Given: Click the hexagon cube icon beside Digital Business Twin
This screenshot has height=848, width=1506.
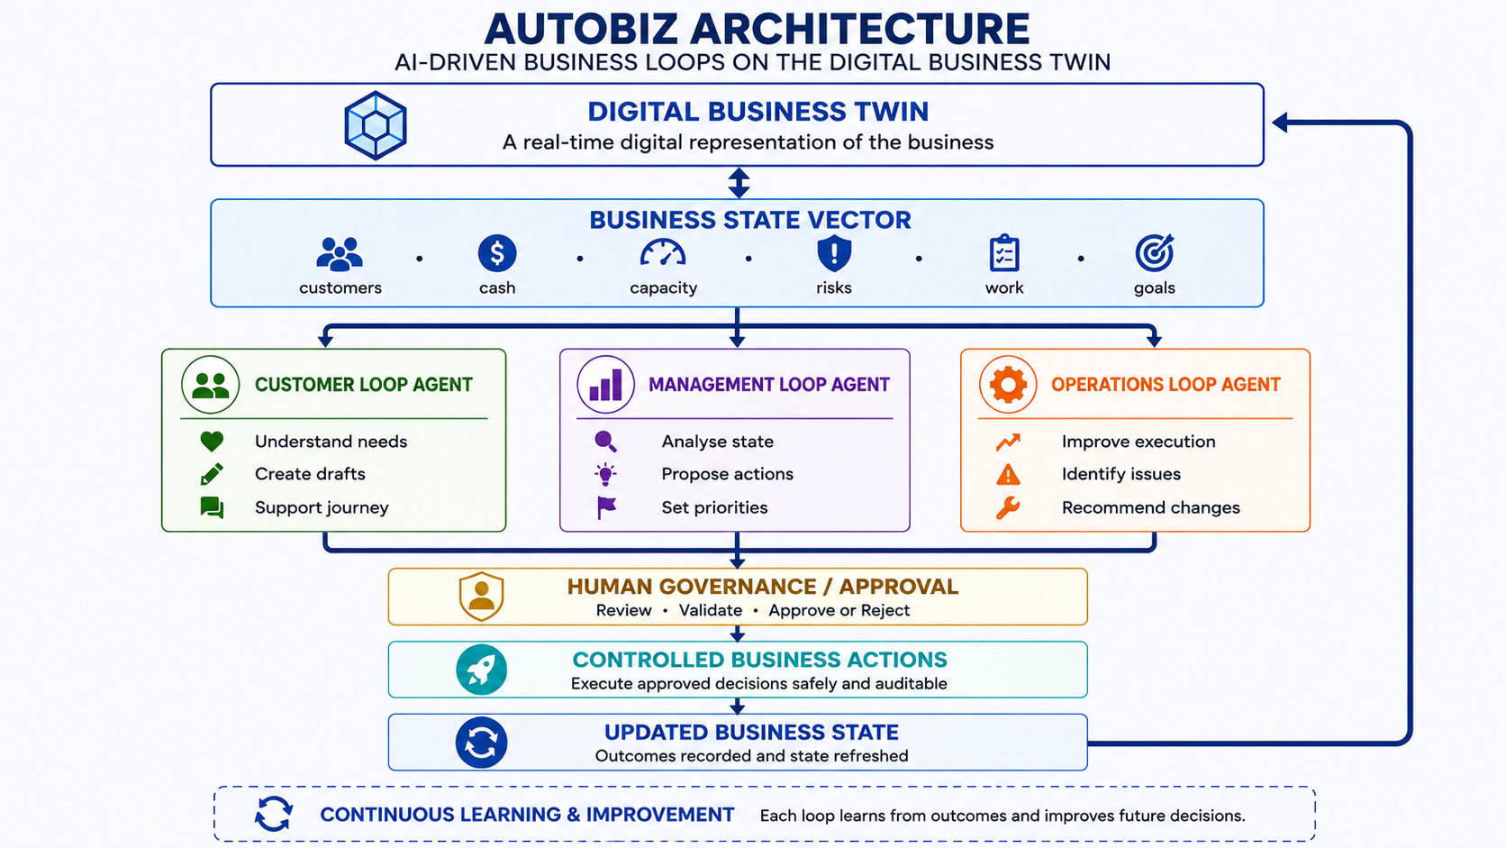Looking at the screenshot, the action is [376, 125].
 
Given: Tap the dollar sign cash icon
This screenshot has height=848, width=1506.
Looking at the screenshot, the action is [497, 253].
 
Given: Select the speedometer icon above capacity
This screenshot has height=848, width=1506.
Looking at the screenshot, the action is [663, 253].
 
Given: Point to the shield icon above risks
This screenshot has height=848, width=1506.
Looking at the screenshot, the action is [834, 253].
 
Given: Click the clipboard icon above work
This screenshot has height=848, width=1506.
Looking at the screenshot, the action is [1004, 253].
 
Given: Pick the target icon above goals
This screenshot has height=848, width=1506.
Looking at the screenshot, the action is [1155, 253].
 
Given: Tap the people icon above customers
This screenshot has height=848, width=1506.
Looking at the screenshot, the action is [340, 253].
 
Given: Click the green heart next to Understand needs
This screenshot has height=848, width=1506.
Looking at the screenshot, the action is [212, 442].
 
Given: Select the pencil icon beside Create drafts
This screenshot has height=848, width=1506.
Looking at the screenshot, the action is [212, 474].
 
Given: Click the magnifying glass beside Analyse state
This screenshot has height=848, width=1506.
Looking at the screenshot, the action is [606, 442].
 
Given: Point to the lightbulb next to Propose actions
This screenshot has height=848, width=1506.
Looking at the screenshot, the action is [606, 474].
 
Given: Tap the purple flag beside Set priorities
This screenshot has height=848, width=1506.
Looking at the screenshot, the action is [606, 507].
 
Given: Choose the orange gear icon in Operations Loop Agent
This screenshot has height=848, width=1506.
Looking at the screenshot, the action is [1008, 385].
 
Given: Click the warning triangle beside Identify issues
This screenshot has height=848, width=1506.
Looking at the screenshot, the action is [1008, 474].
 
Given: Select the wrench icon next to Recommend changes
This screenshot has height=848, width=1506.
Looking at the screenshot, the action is [1008, 507].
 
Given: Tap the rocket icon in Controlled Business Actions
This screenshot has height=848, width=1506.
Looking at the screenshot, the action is [481, 670].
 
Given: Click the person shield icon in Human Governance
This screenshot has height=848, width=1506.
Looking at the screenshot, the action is [481, 597].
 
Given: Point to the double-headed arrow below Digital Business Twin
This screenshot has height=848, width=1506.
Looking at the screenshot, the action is [739, 183].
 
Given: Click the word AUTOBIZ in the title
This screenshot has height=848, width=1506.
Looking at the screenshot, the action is [581, 29].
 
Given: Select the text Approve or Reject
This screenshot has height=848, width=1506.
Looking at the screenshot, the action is [839, 611].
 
